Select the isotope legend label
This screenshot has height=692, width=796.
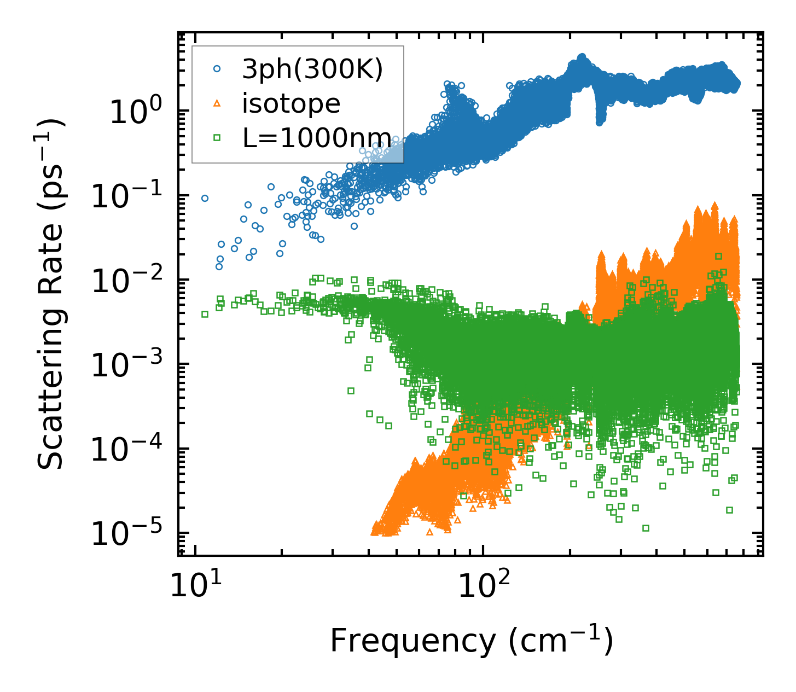click(x=291, y=103)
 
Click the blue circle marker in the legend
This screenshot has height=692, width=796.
click(x=217, y=69)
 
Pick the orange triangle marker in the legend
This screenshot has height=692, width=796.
click(x=217, y=103)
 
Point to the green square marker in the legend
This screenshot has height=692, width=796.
click(x=217, y=138)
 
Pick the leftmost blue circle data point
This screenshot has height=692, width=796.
click(x=205, y=198)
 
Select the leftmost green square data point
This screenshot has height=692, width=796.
click(x=205, y=314)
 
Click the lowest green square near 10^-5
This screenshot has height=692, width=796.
click(x=646, y=528)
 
